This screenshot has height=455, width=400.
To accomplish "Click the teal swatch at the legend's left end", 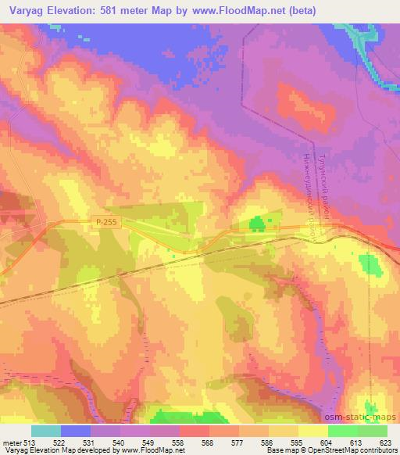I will click(46, 430).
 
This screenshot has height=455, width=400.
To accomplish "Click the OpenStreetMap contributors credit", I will click(355, 450).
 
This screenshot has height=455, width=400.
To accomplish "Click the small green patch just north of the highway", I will click(256, 225).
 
